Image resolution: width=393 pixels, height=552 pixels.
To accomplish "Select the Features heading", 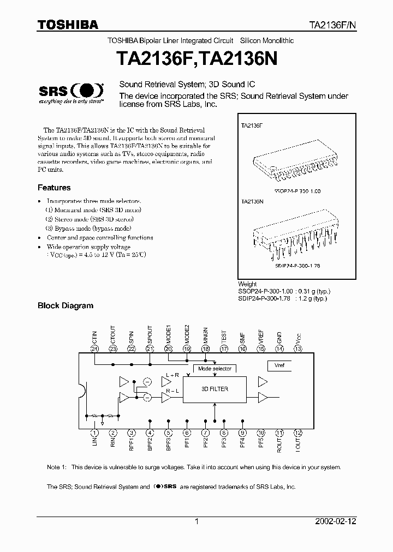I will tap(54, 188).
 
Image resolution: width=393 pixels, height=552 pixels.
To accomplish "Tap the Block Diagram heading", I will tap(65, 306).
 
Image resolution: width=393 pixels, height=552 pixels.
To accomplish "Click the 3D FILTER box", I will tap(215, 389).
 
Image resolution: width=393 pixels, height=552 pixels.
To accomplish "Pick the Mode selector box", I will tap(215, 369).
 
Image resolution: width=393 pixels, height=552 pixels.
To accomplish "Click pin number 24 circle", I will tap(94, 349).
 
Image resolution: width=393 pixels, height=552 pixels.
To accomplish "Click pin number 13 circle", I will tap(297, 349).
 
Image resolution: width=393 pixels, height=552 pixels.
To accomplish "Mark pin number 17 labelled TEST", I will tap(224, 349).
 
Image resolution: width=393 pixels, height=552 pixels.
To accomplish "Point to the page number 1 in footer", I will tap(196, 521).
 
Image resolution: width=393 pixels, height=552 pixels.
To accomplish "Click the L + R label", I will tap(173, 375).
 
